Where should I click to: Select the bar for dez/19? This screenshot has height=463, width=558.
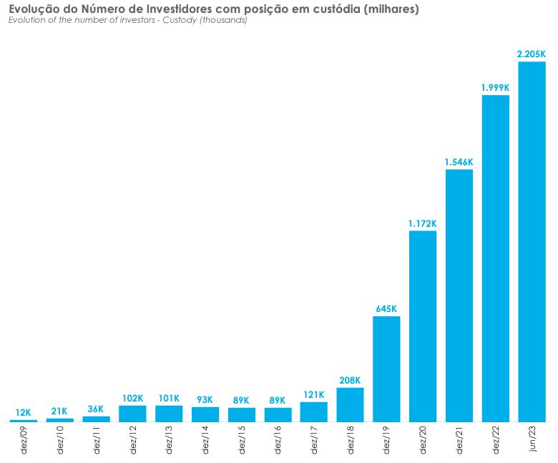(x=386, y=369)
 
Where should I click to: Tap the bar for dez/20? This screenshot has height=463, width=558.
(x=423, y=326)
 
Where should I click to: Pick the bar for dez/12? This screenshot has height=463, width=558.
(x=132, y=414)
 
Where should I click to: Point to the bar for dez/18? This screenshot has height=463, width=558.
(x=350, y=405)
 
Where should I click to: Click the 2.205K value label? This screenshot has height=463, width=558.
(x=532, y=54)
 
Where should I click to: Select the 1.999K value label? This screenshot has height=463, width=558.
(x=495, y=87)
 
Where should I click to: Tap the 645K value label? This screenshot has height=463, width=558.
(x=386, y=309)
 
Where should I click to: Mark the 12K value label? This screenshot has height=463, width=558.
(x=23, y=413)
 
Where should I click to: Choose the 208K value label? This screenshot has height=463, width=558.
(x=350, y=381)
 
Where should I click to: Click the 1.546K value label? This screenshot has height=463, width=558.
(x=459, y=162)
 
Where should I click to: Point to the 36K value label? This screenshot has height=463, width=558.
(x=96, y=409)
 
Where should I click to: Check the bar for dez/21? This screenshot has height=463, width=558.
(x=459, y=296)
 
